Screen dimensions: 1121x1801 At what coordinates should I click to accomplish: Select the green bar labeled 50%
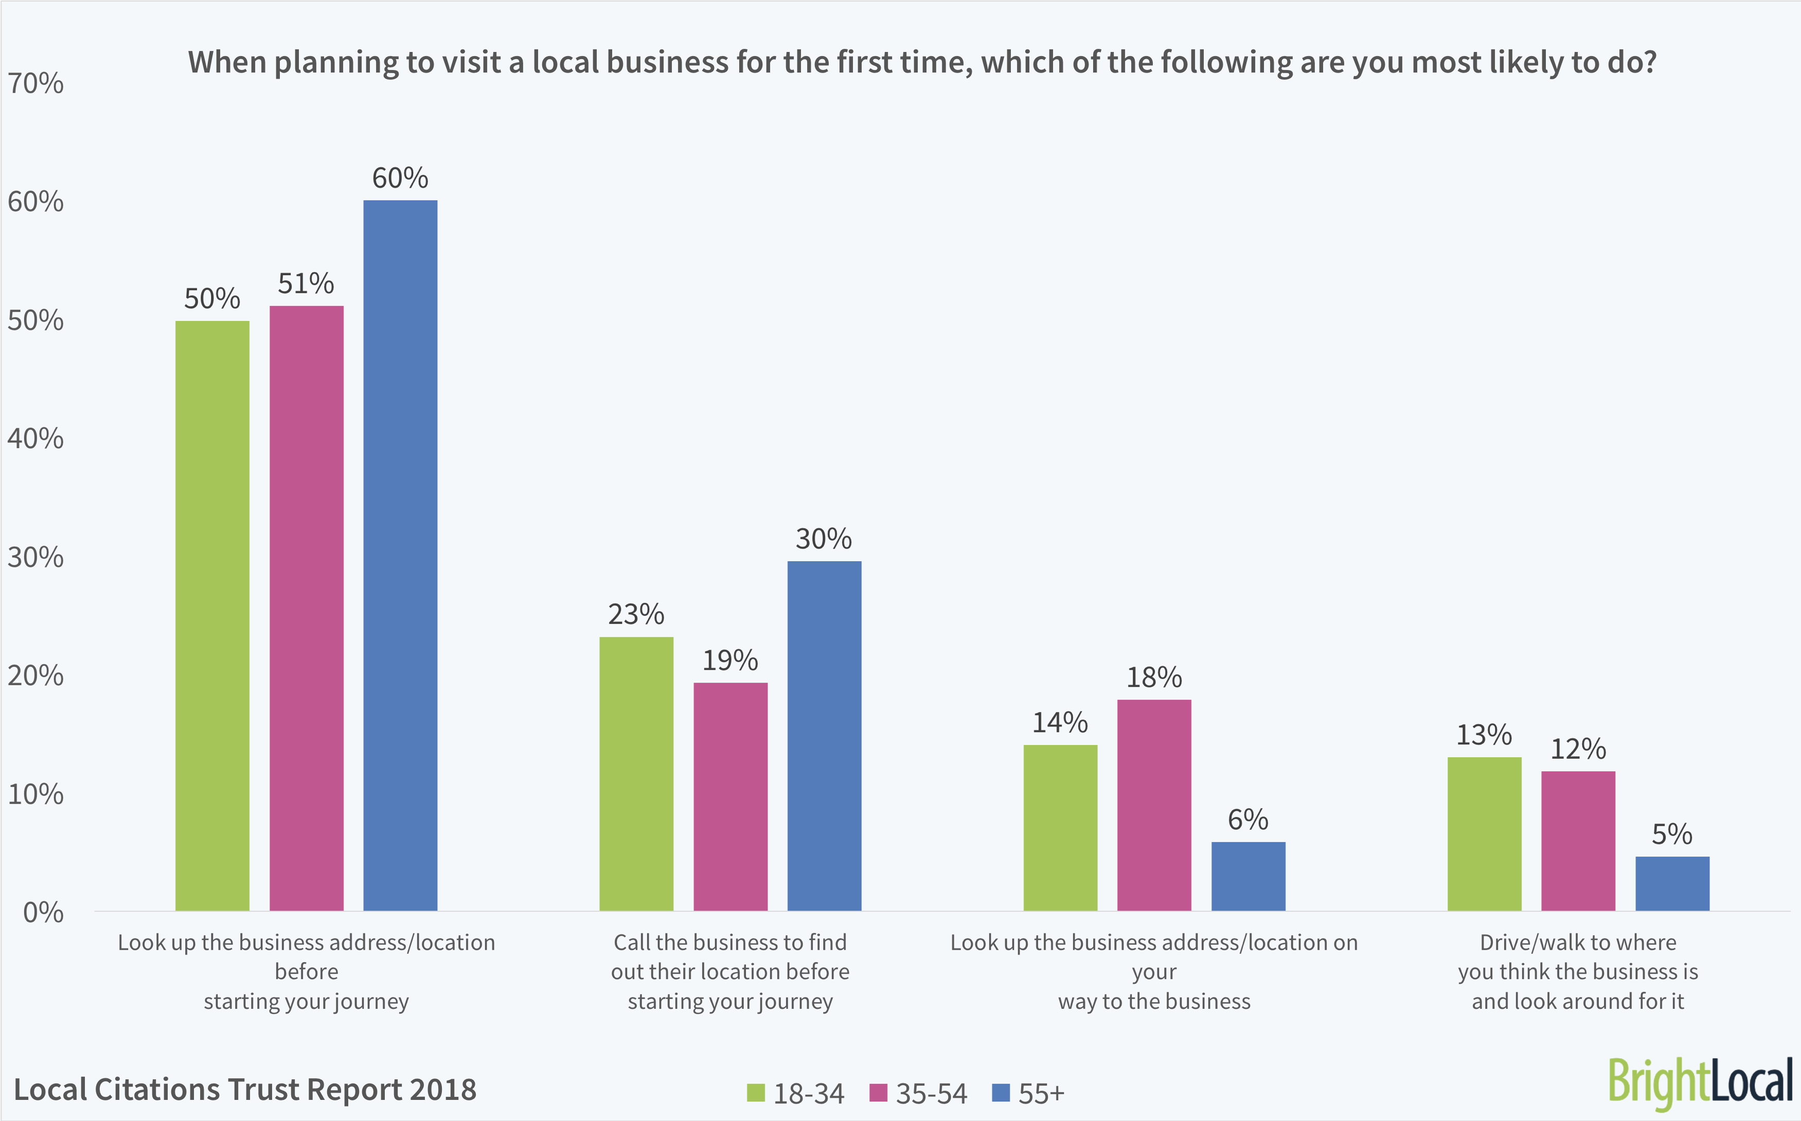point(212,615)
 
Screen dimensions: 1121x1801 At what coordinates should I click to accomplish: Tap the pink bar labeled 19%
point(730,796)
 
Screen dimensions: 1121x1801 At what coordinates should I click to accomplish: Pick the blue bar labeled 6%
point(1248,876)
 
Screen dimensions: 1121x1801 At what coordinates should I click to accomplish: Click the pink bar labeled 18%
point(1154,805)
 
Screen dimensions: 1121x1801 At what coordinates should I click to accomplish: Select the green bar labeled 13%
point(1484,833)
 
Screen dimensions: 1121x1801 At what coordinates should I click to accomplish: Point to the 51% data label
point(306,284)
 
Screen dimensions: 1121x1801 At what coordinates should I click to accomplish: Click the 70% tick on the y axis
point(35,84)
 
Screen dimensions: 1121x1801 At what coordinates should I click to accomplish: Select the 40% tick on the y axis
point(35,439)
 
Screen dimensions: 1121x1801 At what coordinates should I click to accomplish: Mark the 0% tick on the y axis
point(43,913)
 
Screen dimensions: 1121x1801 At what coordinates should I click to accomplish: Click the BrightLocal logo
point(1700,1082)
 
